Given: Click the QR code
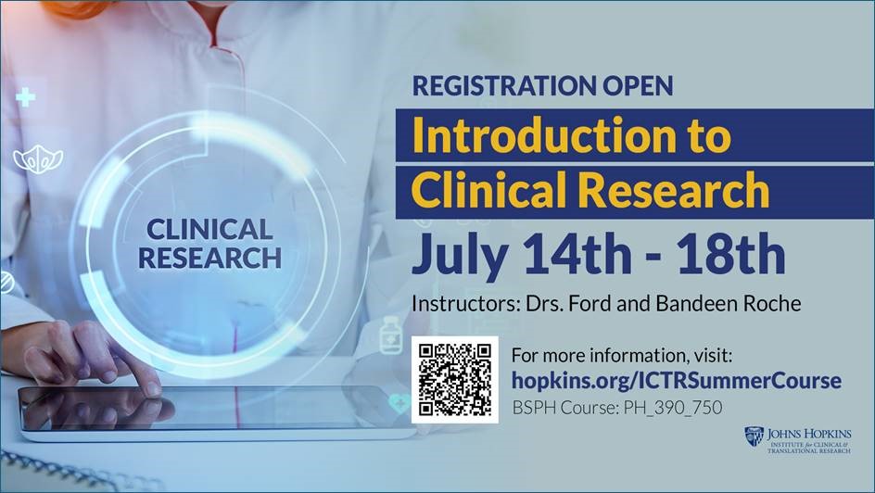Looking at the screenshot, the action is [x=455, y=379].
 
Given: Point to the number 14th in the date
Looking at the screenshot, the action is [x=577, y=253].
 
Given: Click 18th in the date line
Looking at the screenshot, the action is [x=732, y=253].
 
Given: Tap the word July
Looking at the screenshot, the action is [x=460, y=257].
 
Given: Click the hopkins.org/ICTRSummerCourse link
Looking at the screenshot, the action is [x=677, y=381].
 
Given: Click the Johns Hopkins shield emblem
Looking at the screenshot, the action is [x=754, y=436].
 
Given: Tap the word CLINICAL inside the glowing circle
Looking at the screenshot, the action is [x=209, y=229].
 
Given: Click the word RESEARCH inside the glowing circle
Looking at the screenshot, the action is [x=209, y=259].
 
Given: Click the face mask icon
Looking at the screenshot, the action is [x=38, y=159].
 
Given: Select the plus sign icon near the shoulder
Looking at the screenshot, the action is [x=25, y=97].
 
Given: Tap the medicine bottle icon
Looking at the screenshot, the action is [x=390, y=335].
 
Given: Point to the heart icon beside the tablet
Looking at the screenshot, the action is [x=399, y=403].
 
